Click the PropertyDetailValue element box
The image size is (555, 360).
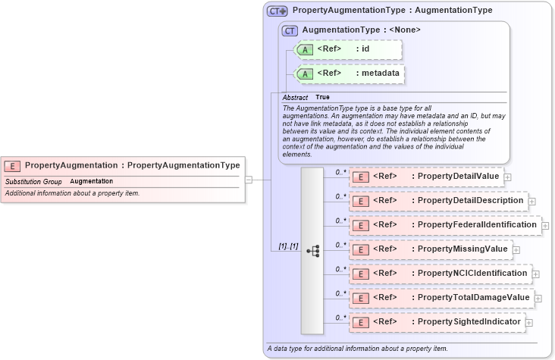pos(426,177)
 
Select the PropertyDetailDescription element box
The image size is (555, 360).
pos(438,201)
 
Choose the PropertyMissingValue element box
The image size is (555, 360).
pos(430,249)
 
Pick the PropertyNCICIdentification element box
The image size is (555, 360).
pos(440,273)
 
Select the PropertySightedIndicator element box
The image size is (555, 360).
pos(437,322)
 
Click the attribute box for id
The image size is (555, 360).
pos(346,50)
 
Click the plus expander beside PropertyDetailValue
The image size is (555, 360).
pos(507,177)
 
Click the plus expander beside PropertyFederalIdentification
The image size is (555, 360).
pos(545,226)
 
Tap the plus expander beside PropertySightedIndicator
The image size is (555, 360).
pos(529,323)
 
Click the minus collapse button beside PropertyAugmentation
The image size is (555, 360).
pos(248,180)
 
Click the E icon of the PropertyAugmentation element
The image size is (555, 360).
pos(13,165)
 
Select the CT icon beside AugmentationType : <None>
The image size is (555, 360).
pos(289,30)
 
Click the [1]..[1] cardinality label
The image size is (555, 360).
pos(287,247)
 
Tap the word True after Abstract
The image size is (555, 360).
pos(323,98)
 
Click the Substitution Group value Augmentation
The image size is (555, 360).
pos(92,182)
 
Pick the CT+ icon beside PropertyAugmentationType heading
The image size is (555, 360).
pos(277,11)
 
